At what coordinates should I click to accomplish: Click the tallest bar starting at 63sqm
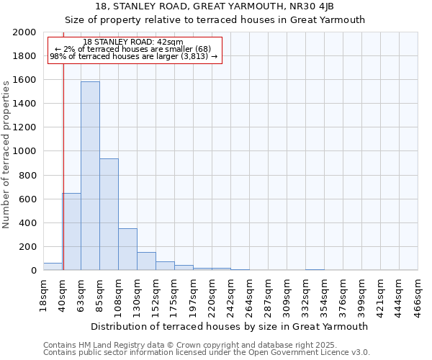click(x=90, y=176)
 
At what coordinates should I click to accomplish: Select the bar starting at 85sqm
click(x=109, y=215)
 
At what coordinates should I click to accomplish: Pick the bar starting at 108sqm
click(x=127, y=249)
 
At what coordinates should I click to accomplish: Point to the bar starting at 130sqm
click(x=146, y=261)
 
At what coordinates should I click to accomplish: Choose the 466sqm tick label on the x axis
click(x=418, y=295)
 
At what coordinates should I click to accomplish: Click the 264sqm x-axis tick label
click(x=249, y=295)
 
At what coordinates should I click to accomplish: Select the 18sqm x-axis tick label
click(x=43, y=295)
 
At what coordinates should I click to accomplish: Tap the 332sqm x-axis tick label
click(x=305, y=295)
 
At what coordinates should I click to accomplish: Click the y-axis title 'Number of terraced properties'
click(x=6, y=154)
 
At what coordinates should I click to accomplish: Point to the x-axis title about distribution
click(x=230, y=326)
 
